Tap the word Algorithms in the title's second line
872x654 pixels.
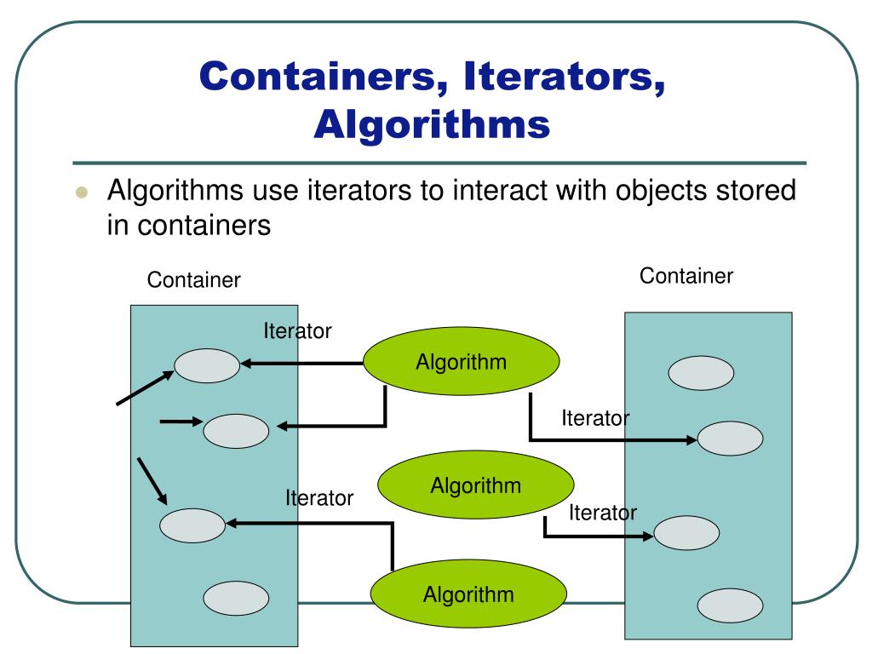click(x=432, y=124)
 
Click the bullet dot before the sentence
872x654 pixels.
click(x=82, y=193)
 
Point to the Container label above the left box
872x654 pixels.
click(x=194, y=280)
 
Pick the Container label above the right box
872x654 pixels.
click(x=686, y=276)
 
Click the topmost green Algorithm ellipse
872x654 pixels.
click(x=461, y=363)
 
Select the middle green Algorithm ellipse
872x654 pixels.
click(x=475, y=486)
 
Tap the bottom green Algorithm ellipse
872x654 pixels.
click(x=468, y=594)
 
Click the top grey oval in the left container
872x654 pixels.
click(x=207, y=365)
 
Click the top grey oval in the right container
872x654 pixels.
click(x=701, y=373)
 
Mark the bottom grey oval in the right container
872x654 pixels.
click(x=730, y=606)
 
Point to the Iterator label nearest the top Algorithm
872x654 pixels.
click(x=297, y=331)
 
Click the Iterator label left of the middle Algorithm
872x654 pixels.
click(x=319, y=498)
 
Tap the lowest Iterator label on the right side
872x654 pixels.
click(x=603, y=513)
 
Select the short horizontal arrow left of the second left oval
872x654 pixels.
click(x=181, y=421)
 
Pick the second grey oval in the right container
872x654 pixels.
click(x=730, y=439)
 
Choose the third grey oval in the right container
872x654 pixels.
click(x=686, y=534)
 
